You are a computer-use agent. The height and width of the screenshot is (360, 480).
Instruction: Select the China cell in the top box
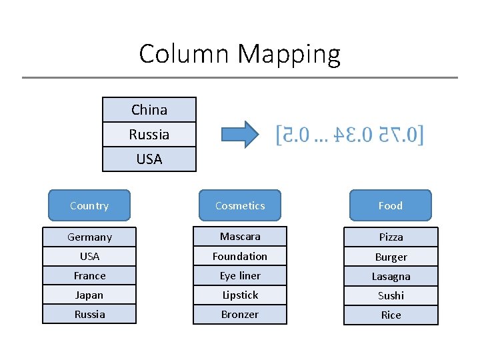pos(149,110)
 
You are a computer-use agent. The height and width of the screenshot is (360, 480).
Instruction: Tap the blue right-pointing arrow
pos(240,134)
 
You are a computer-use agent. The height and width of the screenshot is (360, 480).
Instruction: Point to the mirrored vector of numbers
pos(350,135)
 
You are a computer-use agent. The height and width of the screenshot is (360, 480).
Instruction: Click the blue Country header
pos(89,205)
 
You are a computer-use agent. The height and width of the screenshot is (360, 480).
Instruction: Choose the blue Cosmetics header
pos(240,205)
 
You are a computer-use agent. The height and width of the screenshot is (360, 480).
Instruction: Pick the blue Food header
pos(391,205)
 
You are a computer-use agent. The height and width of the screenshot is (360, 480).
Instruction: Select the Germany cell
pos(89,237)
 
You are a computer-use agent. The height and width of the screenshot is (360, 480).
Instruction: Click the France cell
pos(89,275)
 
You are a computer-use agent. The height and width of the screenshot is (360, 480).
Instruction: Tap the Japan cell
pos(89,295)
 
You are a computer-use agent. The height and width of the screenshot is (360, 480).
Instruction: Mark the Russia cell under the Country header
pos(89,314)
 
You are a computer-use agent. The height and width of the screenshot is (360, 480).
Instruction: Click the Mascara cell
pos(240,236)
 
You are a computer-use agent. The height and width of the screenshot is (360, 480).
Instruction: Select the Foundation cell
pos(240,256)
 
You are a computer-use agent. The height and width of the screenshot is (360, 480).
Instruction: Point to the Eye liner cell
pos(240,275)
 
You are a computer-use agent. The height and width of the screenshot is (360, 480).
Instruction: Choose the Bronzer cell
pos(240,314)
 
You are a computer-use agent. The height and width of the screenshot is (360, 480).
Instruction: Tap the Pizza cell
pos(391,237)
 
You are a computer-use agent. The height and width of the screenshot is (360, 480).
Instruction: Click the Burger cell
pos(391,257)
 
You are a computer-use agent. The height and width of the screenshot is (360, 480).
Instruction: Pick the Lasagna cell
pos(391,276)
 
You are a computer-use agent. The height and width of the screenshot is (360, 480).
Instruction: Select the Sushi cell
pos(391,295)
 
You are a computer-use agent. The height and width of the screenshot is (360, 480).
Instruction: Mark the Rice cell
pos(391,315)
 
